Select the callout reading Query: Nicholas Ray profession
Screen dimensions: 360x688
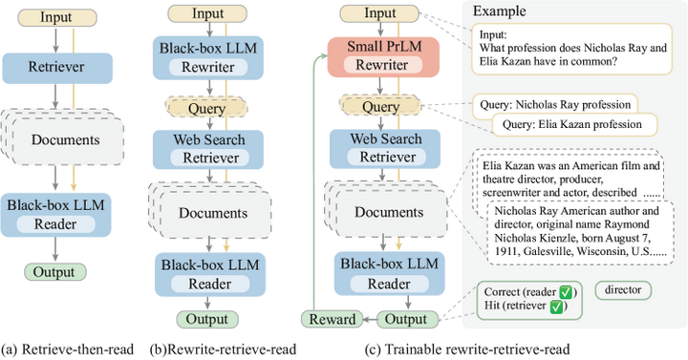[x=555, y=104]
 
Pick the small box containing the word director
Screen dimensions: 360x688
[x=624, y=287]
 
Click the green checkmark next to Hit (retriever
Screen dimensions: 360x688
[x=559, y=307]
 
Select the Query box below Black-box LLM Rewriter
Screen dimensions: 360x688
[x=207, y=108]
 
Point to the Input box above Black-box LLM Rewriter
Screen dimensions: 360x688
[x=207, y=14]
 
